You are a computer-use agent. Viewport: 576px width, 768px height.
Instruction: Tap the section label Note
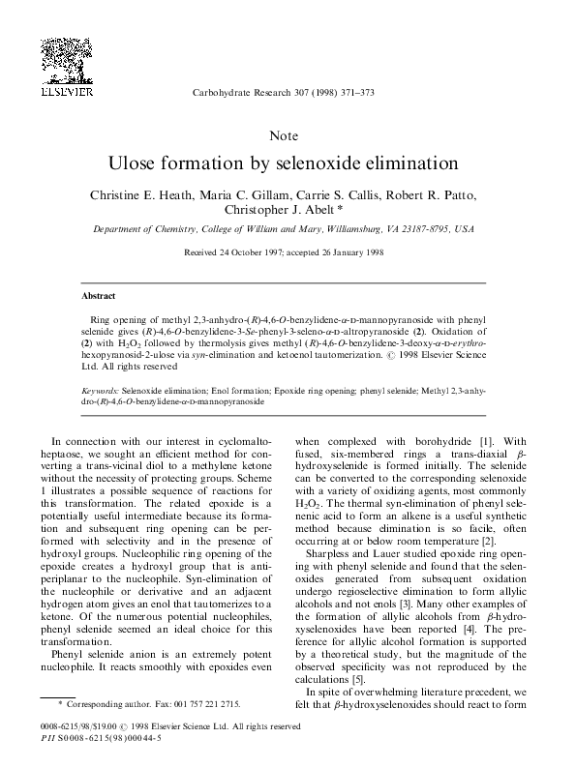[x=288, y=135]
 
